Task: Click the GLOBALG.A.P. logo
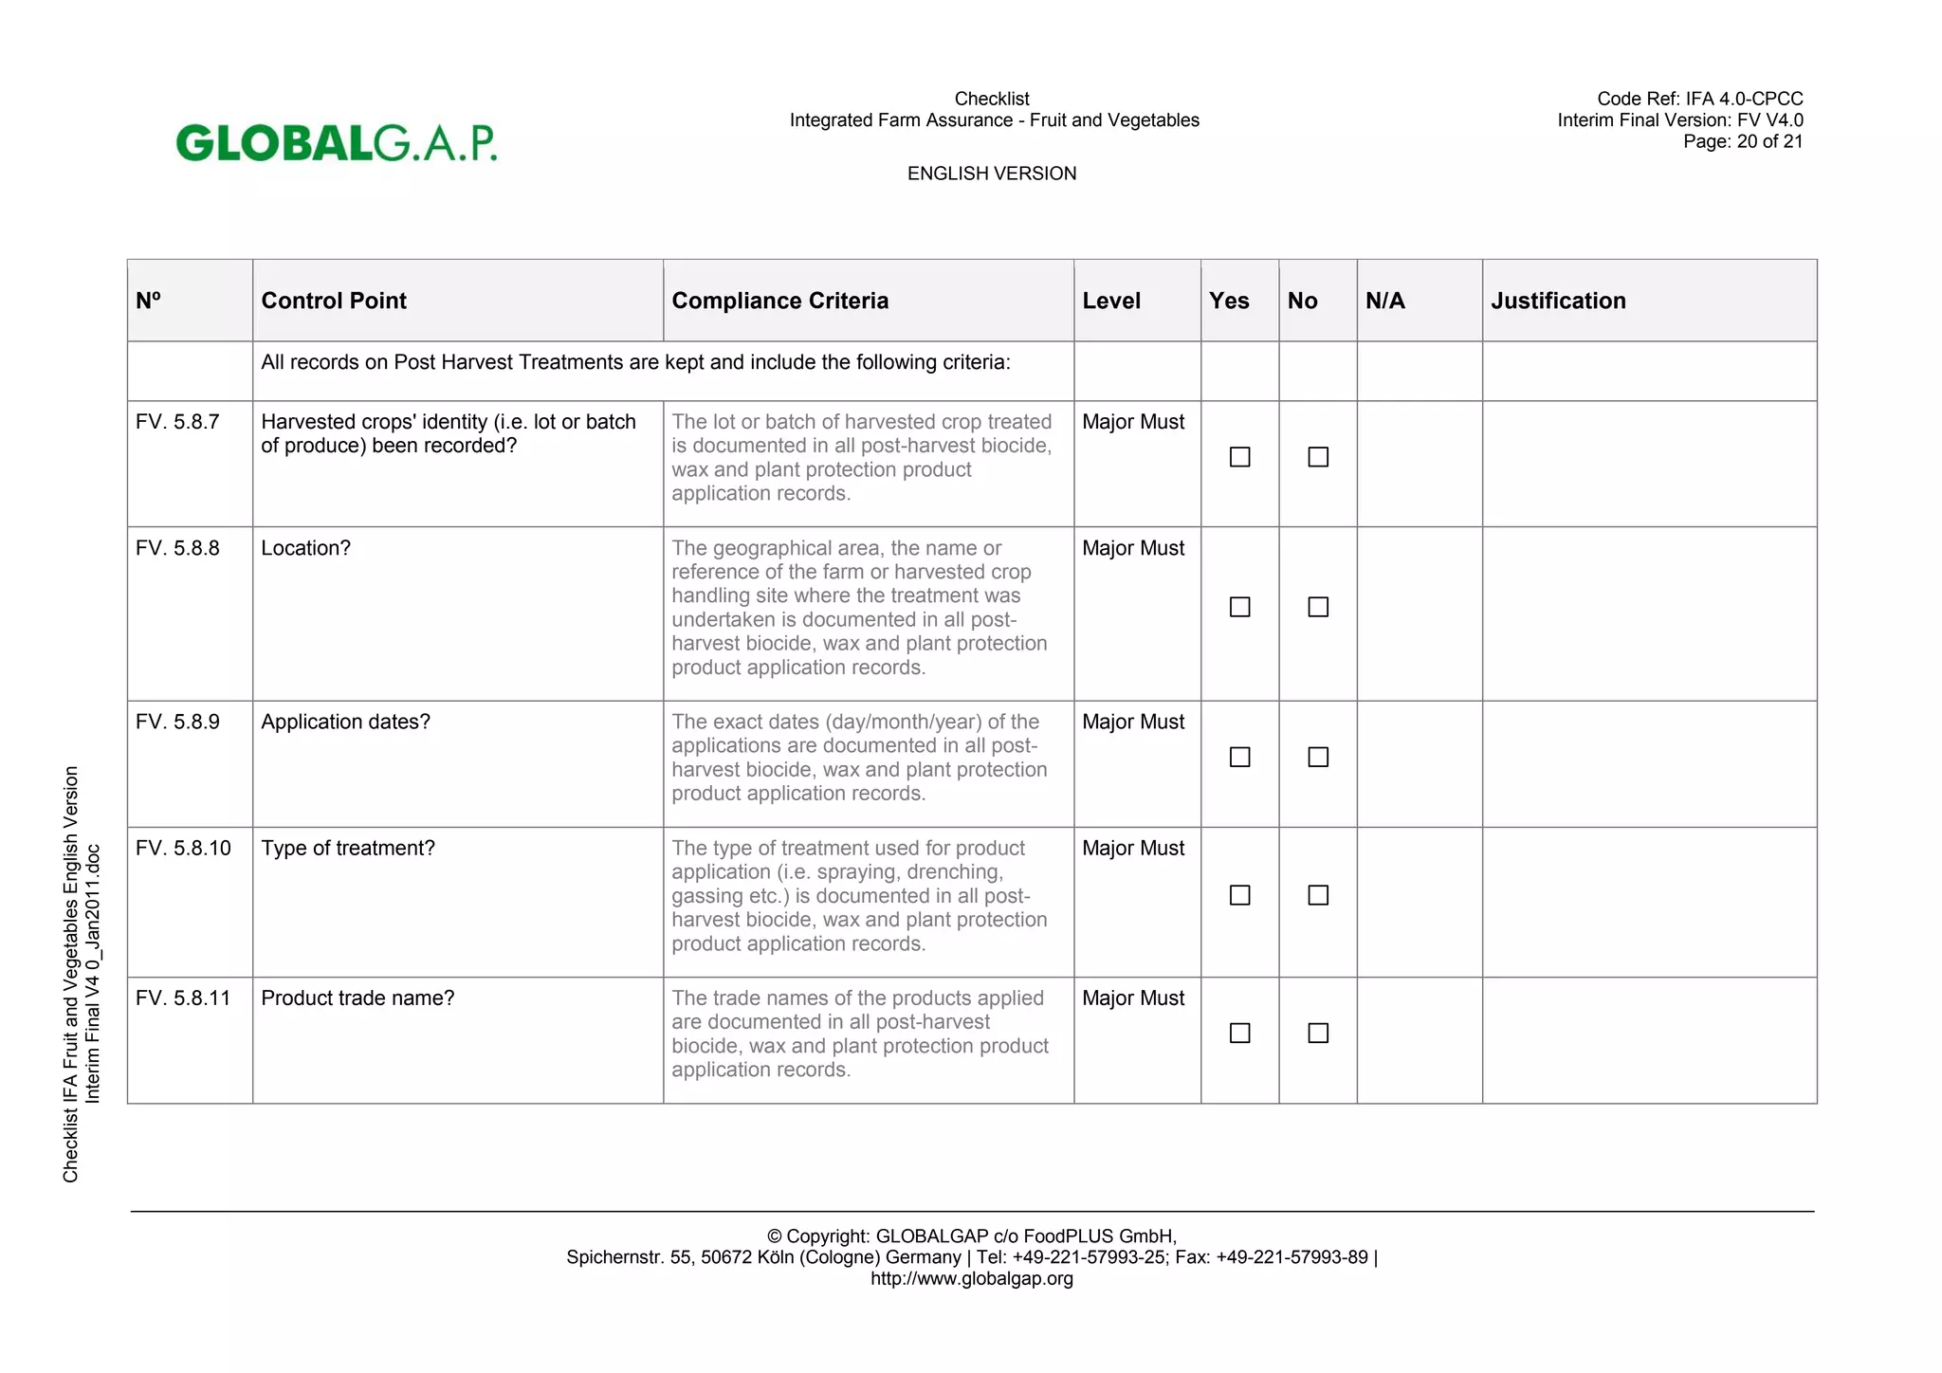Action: click(x=336, y=143)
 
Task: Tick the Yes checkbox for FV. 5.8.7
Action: click(x=1239, y=457)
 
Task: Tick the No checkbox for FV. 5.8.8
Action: click(x=1318, y=607)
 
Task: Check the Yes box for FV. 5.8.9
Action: click(x=1239, y=757)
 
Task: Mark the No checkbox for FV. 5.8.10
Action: click(x=1318, y=895)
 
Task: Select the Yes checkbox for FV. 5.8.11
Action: click(x=1239, y=1033)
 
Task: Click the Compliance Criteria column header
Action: click(x=779, y=301)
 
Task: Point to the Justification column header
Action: click(x=1558, y=301)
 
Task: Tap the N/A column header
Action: click(x=1384, y=301)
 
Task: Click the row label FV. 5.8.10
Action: click(x=183, y=848)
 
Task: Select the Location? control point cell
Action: click(x=305, y=548)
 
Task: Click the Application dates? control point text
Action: click(x=345, y=722)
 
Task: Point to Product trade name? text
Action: click(x=357, y=998)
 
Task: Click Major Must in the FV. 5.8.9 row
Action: click(x=1133, y=722)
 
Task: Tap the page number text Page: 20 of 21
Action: click(x=1742, y=141)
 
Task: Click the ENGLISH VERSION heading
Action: click(x=991, y=174)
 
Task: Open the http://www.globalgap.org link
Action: click(x=971, y=1278)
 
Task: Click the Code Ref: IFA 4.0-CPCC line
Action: click(x=1699, y=99)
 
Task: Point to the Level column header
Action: click(x=1111, y=301)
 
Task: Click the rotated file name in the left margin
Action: click(x=82, y=974)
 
